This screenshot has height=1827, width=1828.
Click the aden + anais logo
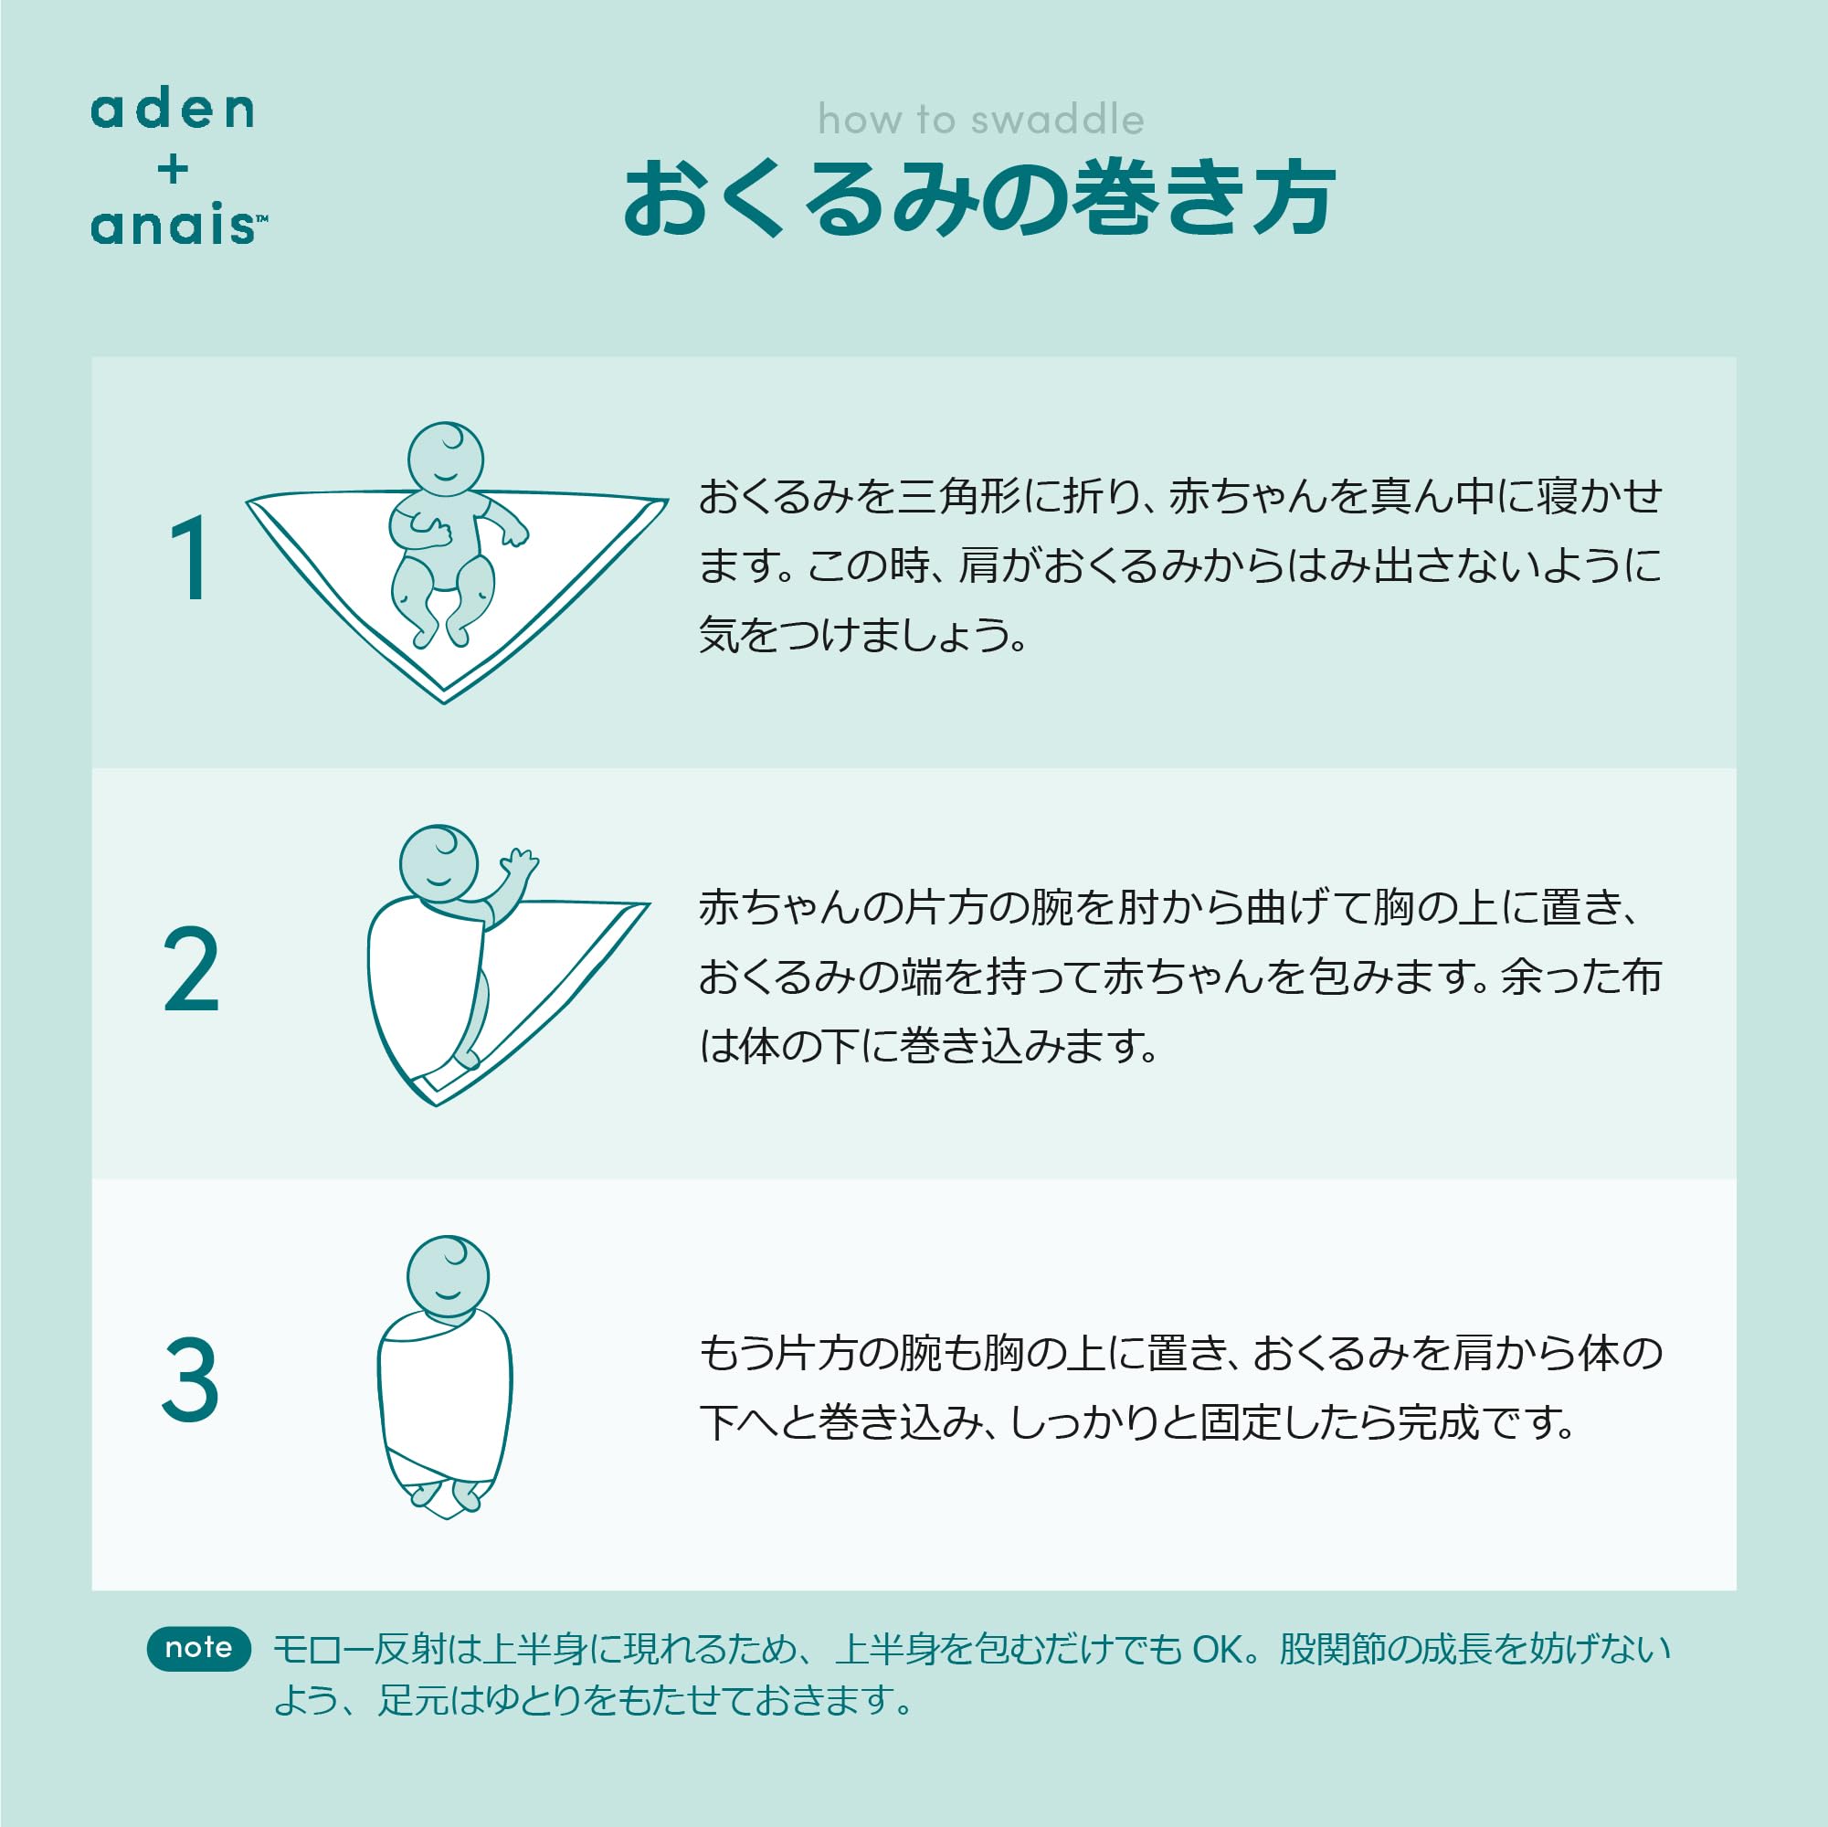[x=178, y=167]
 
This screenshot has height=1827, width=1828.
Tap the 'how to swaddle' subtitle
[x=981, y=121]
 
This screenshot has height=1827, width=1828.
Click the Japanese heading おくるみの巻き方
[x=979, y=197]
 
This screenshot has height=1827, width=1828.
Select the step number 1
[x=189, y=557]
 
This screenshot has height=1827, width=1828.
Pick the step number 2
[x=191, y=970]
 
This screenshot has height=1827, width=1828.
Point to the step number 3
[x=190, y=1379]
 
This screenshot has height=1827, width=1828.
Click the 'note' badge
[x=199, y=1647]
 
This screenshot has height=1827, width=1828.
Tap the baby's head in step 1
[x=446, y=459]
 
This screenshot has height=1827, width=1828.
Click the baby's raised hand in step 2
[x=520, y=862]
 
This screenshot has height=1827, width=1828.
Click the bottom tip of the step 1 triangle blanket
[x=444, y=703]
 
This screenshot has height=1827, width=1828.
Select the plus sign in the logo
[x=174, y=169]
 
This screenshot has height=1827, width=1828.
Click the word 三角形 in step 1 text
[x=957, y=496]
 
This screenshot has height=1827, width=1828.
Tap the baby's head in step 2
[x=439, y=863]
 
